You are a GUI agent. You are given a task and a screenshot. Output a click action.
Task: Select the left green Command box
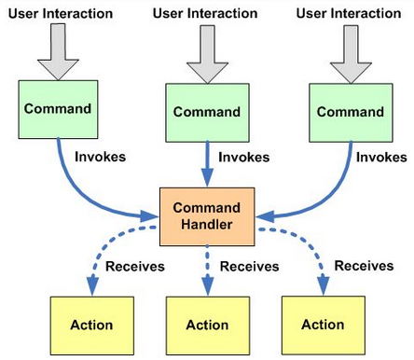click(58, 109)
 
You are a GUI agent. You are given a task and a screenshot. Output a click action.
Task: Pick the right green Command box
click(350, 111)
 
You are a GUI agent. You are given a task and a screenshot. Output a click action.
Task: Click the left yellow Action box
click(91, 325)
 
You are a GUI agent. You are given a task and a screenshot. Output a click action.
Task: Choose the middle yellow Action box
click(206, 325)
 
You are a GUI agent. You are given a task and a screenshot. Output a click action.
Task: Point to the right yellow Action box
click(324, 324)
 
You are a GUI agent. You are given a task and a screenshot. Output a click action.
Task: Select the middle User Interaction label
click(206, 14)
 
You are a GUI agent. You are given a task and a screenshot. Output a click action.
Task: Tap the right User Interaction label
click(351, 14)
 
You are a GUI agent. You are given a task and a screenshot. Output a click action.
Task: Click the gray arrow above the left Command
click(59, 51)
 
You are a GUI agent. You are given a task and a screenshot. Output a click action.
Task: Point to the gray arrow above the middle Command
click(206, 54)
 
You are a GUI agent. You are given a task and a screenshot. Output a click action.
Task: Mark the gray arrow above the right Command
click(351, 53)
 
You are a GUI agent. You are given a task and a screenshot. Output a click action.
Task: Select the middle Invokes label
click(243, 158)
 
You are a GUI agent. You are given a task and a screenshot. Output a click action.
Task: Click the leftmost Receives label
click(134, 267)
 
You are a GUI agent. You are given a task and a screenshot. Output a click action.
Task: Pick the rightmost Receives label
click(364, 266)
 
